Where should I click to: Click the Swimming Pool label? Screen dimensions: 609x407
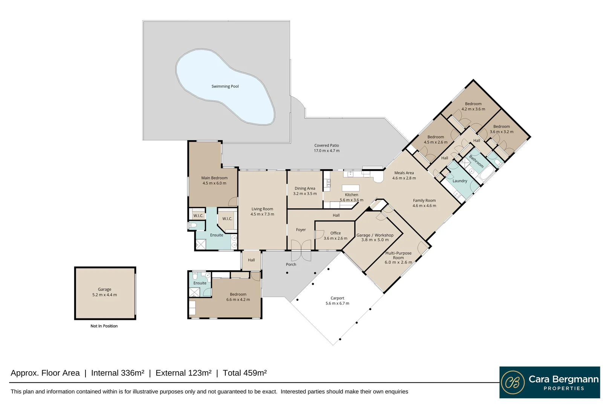[x=225, y=86]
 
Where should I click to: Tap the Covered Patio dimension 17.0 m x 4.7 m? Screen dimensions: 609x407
[x=326, y=151]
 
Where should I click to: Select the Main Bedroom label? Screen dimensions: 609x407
[x=214, y=178]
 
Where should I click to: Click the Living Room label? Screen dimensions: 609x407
[x=262, y=209]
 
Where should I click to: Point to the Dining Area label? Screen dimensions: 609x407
[x=305, y=188]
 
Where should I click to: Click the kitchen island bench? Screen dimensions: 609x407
[x=350, y=188]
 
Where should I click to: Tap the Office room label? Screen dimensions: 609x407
[x=335, y=233]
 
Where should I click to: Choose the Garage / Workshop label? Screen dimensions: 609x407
[x=375, y=235]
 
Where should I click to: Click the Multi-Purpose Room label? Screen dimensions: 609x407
[x=398, y=255]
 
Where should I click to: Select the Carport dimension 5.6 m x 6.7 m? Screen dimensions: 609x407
[x=337, y=303]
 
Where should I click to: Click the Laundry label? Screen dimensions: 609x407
[x=460, y=181]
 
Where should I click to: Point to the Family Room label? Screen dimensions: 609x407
[x=424, y=200]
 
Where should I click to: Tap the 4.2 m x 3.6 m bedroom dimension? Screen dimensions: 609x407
[x=473, y=109]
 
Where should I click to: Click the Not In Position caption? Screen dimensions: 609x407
[x=104, y=326]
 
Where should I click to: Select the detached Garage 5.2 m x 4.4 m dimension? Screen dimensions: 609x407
[x=104, y=295]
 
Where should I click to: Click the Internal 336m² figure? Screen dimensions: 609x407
[x=118, y=373]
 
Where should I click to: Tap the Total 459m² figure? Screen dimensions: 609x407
[x=245, y=373]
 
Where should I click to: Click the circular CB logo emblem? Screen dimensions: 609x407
[x=513, y=382]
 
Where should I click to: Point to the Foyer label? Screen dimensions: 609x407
[x=301, y=230]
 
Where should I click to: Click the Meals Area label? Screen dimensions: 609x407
[x=404, y=173]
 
